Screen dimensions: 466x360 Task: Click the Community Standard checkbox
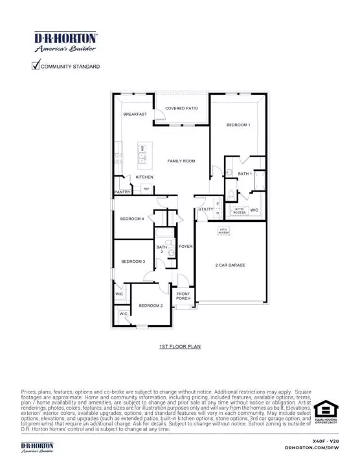coord(36,65)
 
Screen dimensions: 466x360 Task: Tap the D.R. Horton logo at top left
coord(65,41)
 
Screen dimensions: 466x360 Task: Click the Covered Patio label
coord(181,109)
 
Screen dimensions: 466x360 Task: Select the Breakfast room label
coord(135,115)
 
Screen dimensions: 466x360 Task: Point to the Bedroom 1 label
coord(238,125)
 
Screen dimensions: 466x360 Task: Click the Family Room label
coord(181,161)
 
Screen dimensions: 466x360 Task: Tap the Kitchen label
coord(144,177)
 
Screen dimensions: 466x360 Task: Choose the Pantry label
coord(122,192)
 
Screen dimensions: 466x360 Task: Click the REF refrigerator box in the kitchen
coord(146,188)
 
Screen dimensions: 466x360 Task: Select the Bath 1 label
coord(245,174)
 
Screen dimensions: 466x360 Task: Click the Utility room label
coord(205,210)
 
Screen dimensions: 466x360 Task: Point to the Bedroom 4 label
coord(132,219)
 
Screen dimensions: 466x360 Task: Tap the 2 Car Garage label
coord(231,265)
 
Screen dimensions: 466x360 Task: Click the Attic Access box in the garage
coord(223,230)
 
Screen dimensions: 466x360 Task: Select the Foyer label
coord(186,247)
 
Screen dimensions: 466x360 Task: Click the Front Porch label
coord(183,296)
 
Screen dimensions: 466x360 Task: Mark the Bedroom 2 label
coord(150,305)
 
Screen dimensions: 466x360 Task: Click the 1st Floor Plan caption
coord(180,347)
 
